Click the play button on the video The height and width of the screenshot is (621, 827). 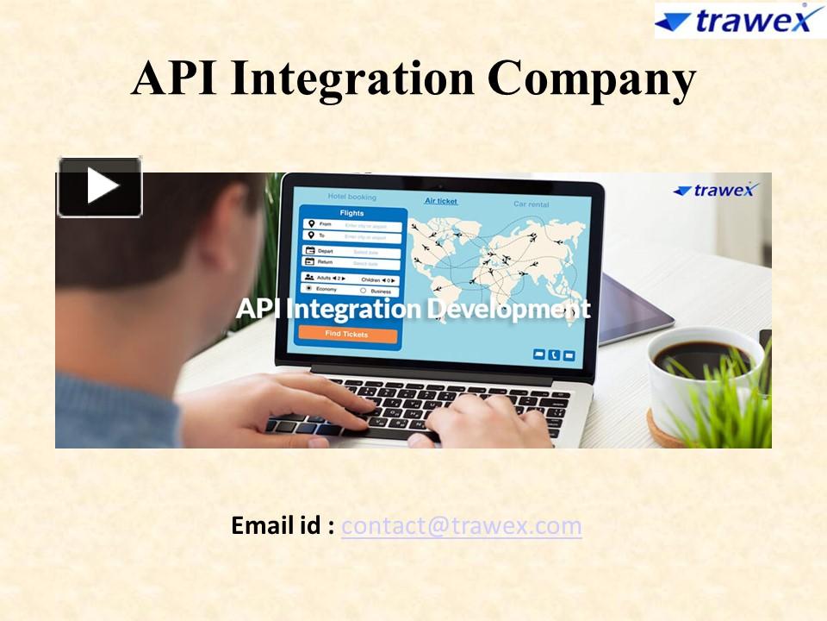click(x=100, y=186)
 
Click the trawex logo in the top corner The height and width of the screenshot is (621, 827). click(x=737, y=21)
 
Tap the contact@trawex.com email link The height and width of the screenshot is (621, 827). click(x=461, y=525)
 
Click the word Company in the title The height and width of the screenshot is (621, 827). click(x=591, y=78)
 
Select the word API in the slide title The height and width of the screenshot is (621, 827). click(x=176, y=78)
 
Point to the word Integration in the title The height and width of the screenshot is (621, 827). click(x=352, y=80)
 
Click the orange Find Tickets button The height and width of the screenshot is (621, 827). click(x=347, y=334)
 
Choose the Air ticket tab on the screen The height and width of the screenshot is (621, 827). click(x=441, y=201)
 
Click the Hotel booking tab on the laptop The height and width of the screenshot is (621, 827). click(x=351, y=197)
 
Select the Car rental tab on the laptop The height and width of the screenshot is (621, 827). click(x=531, y=204)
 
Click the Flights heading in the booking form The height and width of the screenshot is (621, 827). click(x=351, y=213)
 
